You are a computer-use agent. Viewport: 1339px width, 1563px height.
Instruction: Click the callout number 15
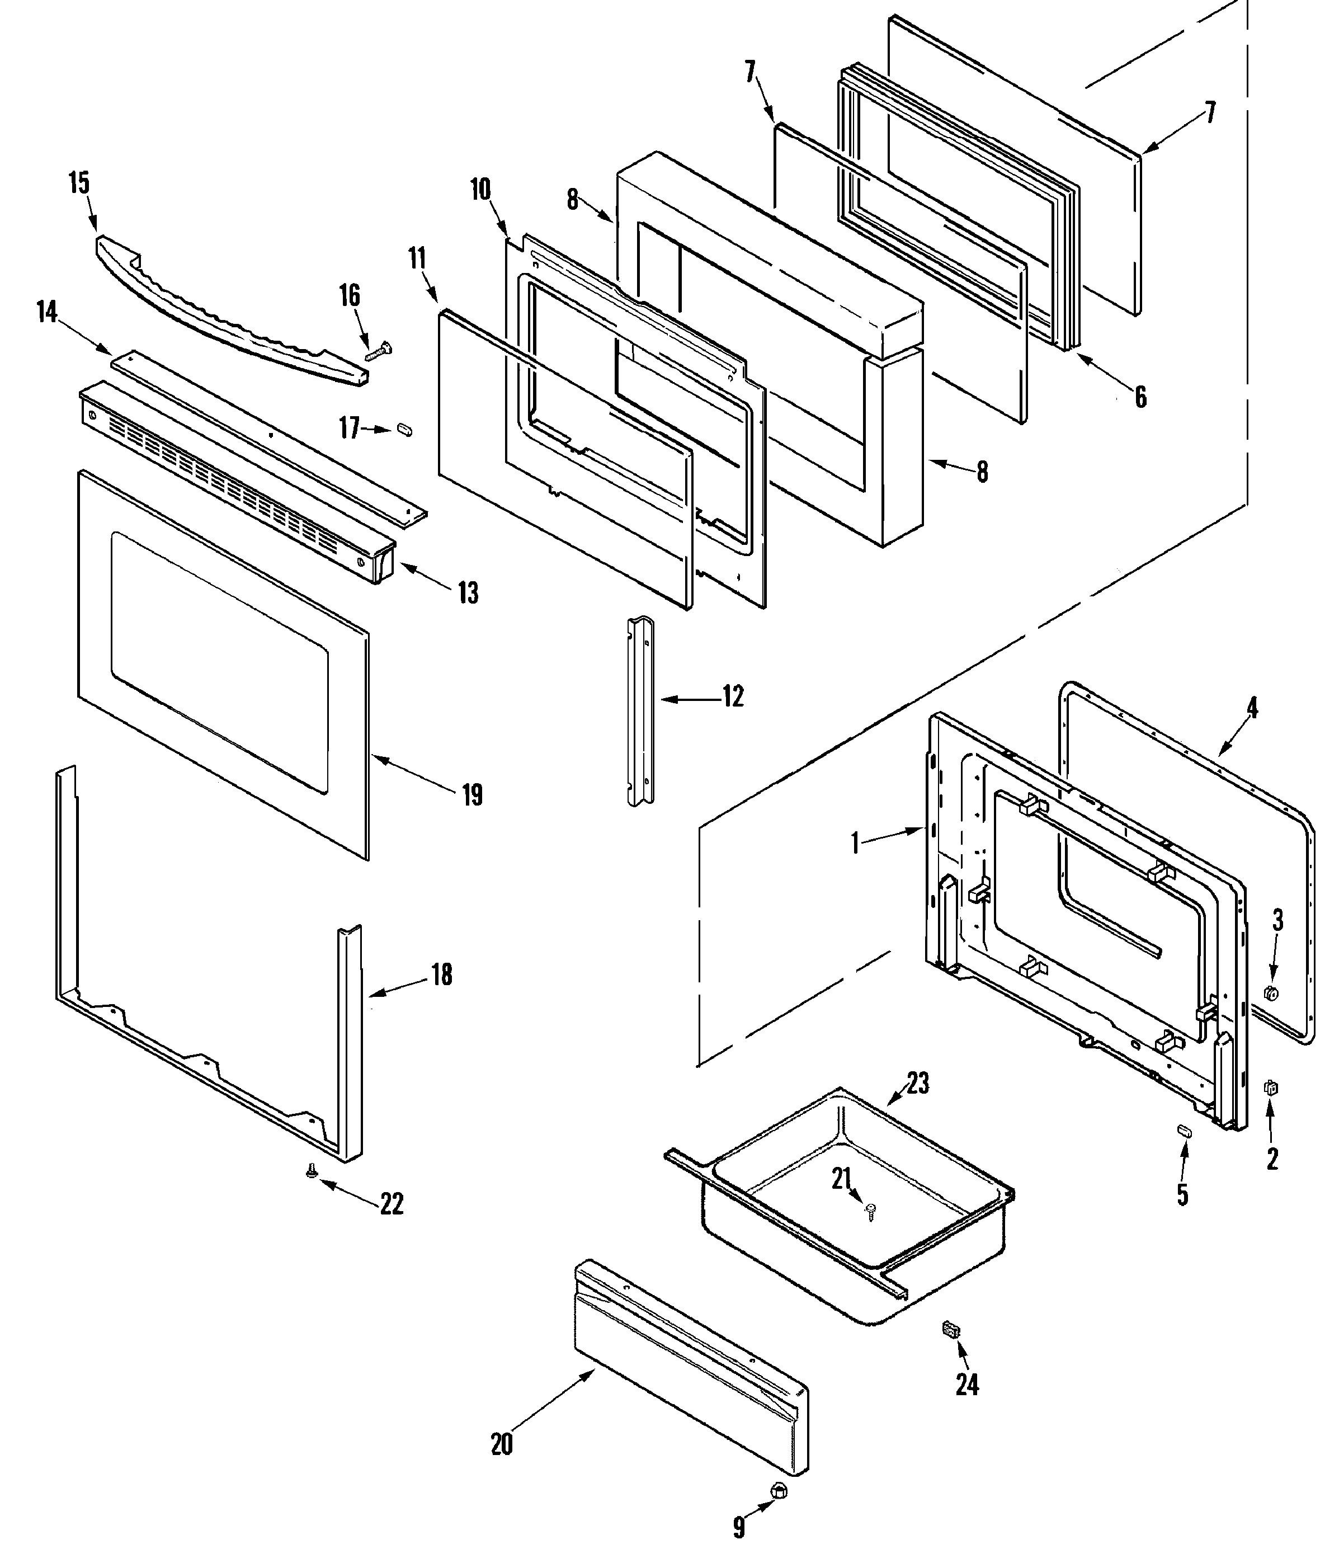79,183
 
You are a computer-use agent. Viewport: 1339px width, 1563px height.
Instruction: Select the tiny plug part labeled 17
405,430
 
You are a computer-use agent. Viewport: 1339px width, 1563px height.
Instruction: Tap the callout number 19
472,795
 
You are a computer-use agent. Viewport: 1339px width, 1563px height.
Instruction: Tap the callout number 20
502,1444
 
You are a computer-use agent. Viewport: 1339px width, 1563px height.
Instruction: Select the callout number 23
917,1084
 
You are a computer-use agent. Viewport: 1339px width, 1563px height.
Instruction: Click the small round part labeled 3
1270,993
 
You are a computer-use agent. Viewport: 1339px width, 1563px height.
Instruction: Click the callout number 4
1252,708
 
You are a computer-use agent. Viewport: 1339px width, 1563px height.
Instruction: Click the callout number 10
480,189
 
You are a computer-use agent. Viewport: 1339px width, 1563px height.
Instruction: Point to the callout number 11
417,259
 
